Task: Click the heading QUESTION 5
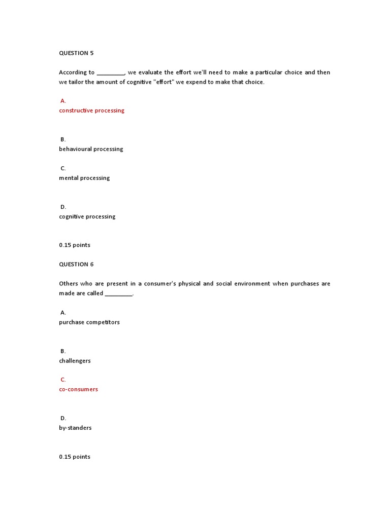point(76,53)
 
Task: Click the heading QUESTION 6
point(76,265)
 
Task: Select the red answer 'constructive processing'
point(91,110)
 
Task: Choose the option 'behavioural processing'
point(91,149)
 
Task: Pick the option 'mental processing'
point(84,178)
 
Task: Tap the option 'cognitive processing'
point(87,216)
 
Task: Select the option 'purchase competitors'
point(89,322)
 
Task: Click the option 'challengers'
point(75,361)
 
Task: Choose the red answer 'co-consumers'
point(78,389)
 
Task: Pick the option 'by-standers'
point(75,428)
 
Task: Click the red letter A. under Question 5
point(63,101)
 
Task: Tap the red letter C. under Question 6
point(63,380)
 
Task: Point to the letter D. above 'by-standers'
point(63,418)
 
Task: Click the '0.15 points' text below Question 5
point(75,245)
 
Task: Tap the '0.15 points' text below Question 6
point(75,457)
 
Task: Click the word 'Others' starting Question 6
point(69,284)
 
